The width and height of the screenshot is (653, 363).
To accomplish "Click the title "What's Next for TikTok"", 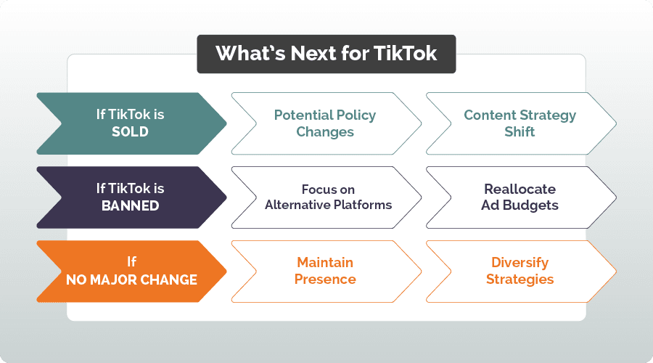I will pyautogui.click(x=326, y=54).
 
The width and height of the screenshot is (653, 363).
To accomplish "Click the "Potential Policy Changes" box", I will pyautogui.click(x=325, y=123).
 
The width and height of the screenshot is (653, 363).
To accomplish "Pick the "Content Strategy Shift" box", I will pyautogui.click(x=519, y=123).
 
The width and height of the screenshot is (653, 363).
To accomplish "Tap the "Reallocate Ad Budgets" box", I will pyautogui.click(x=519, y=197).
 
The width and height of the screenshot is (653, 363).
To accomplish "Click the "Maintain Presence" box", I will pyautogui.click(x=325, y=270).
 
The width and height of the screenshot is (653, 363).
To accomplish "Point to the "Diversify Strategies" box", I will pyautogui.click(x=519, y=270).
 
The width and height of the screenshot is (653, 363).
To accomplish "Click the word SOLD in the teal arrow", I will pyautogui.click(x=131, y=132).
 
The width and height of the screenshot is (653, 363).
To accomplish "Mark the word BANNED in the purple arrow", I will pyautogui.click(x=131, y=205).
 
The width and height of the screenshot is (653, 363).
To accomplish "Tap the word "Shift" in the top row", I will pyautogui.click(x=519, y=132).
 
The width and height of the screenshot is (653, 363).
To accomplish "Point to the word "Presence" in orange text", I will pyautogui.click(x=325, y=279).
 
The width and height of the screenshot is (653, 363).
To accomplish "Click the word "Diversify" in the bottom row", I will pyautogui.click(x=519, y=261).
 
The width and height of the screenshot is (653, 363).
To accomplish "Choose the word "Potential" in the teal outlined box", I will pyautogui.click(x=299, y=115).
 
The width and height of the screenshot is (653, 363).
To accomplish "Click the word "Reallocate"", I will pyautogui.click(x=519, y=189).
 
